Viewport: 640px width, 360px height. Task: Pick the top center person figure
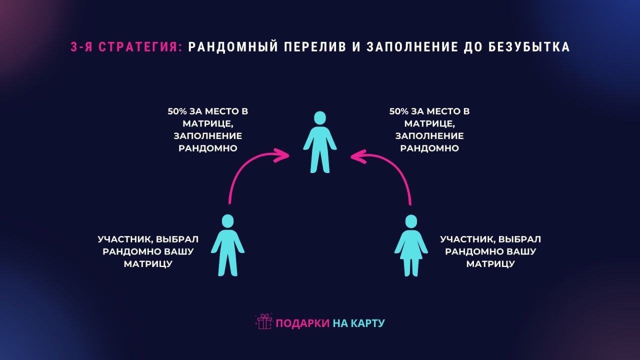(x=320, y=142)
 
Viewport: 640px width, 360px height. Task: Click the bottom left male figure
(x=227, y=245)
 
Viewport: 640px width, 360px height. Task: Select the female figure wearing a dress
(x=411, y=245)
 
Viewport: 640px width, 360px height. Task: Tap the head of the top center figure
(x=320, y=118)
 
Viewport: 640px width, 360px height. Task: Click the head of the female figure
(x=411, y=221)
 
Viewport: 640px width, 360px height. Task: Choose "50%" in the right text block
(x=399, y=111)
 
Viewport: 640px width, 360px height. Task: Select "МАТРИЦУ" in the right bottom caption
(x=490, y=263)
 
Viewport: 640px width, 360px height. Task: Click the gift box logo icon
(x=263, y=321)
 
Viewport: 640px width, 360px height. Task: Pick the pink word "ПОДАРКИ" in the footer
(x=302, y=323)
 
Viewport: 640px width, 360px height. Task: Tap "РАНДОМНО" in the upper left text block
(x=208, y=148)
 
